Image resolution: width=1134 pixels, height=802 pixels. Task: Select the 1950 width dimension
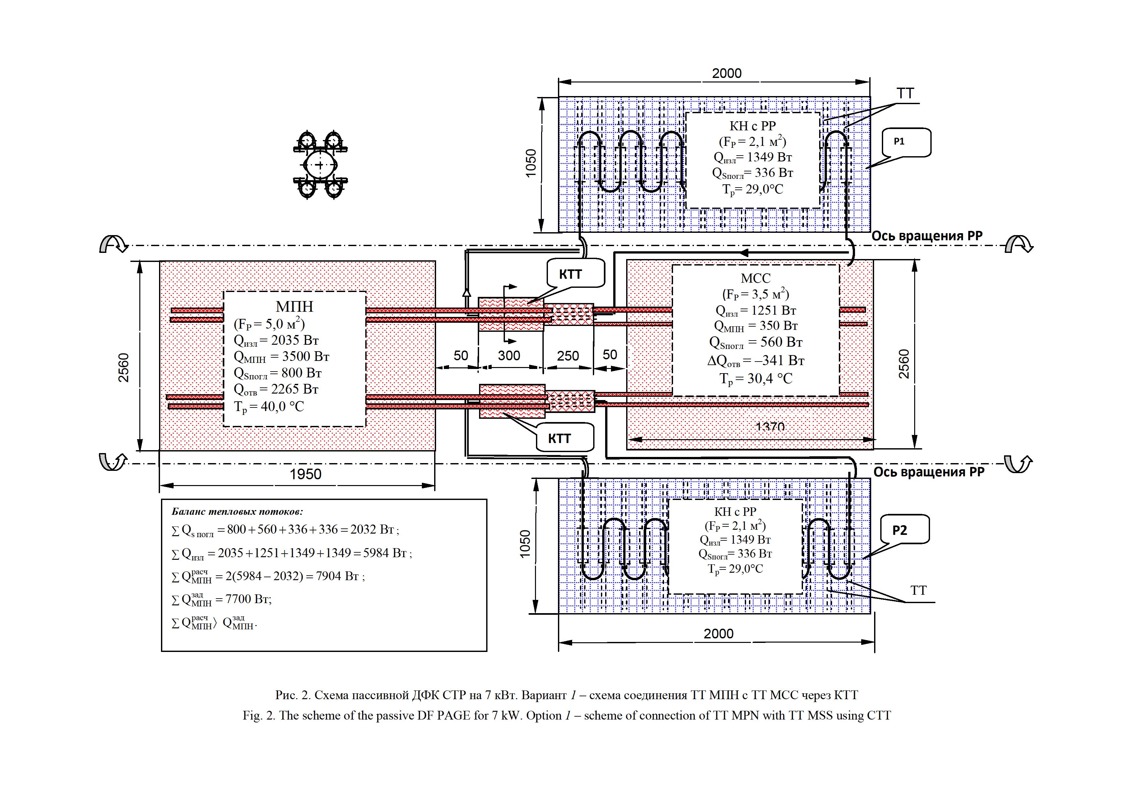305,474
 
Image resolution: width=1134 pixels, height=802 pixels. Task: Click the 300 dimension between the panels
509,356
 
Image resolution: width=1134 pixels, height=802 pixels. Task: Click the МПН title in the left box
294,307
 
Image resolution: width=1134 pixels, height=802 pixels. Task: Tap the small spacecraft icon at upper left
320,165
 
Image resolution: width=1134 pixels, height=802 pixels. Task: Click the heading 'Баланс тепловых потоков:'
237,512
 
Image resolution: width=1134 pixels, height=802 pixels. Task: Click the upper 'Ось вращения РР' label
926,236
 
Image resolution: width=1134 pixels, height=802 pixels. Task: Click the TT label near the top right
905,93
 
